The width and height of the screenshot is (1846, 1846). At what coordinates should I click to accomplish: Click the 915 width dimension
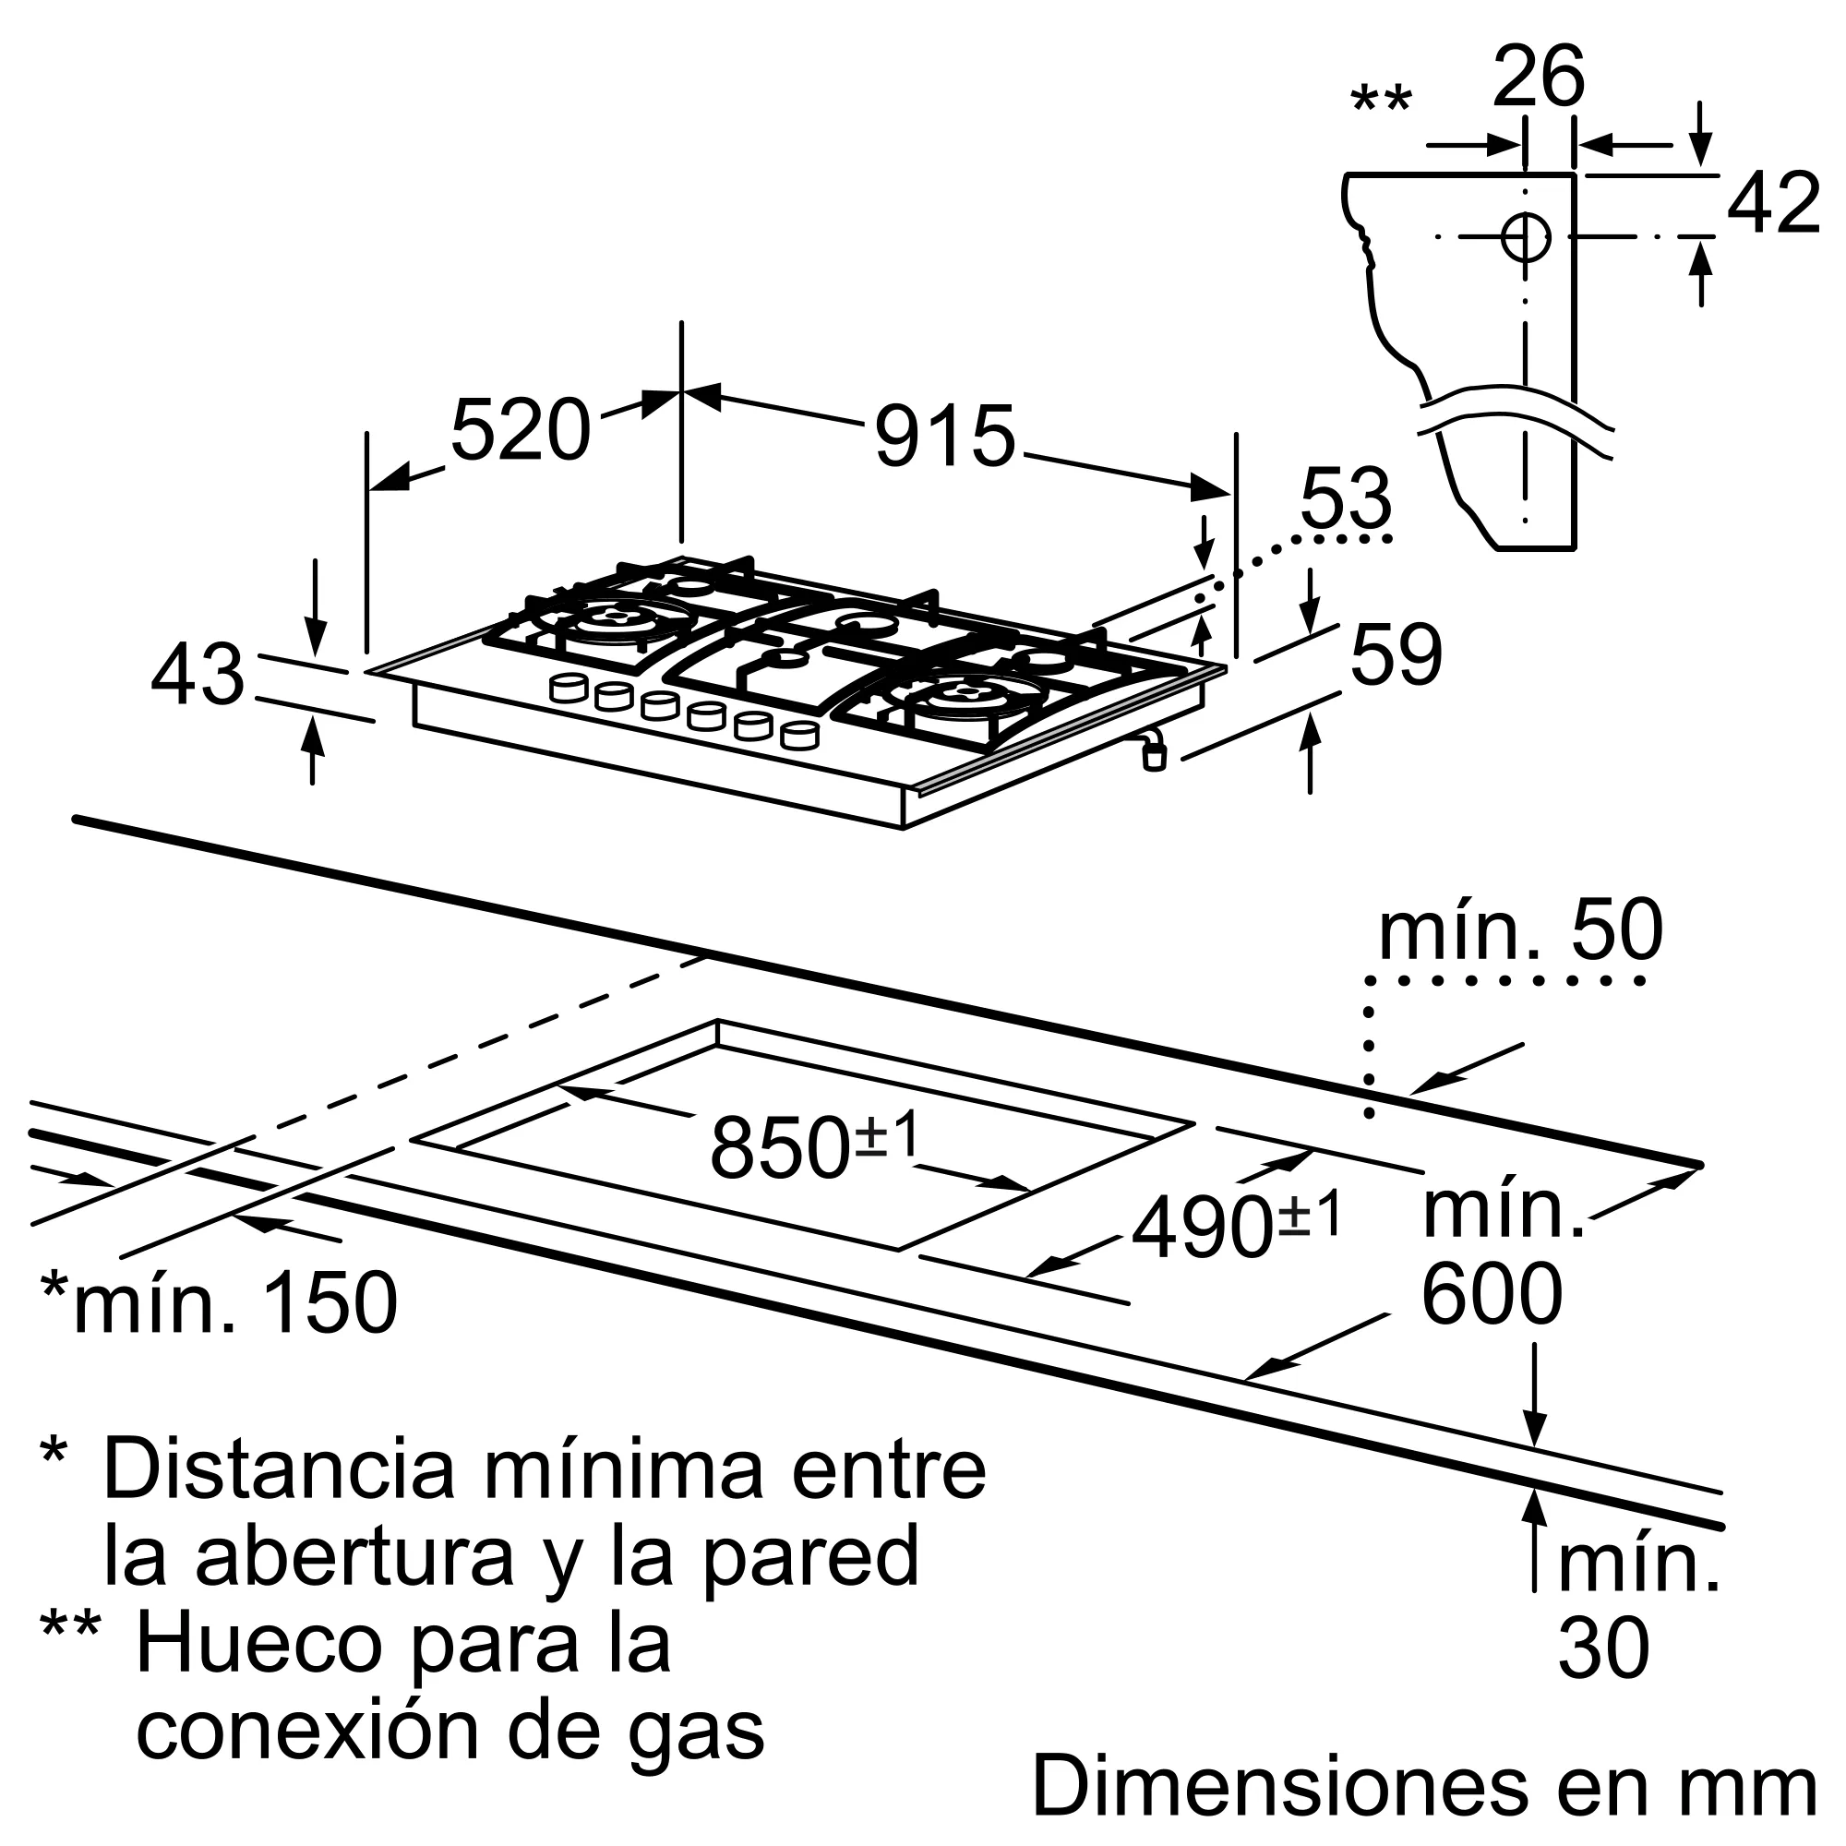[x=944, y=437]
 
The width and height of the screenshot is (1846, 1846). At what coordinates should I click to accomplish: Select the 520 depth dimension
[x=520, y=430]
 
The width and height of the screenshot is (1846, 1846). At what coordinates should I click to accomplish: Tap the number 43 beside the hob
[x=198, y=674]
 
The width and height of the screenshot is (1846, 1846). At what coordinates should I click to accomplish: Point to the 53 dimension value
[x=1346, y=498]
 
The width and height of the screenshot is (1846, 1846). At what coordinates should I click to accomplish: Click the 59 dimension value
[x=1396, y=655]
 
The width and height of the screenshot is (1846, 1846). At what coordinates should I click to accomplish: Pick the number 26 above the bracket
[x=1539, y=78]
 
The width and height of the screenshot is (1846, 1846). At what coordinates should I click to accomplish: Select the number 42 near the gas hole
[x=1773, y=203]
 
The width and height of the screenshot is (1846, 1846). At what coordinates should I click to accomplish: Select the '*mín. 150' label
[x=219, y=1301]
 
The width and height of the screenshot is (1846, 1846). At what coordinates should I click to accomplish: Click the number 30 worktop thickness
[x=1603, y=1648]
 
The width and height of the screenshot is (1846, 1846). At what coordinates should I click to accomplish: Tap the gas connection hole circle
[x=1526, y=236]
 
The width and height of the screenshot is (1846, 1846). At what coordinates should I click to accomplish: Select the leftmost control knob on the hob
[x=569, y=686]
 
